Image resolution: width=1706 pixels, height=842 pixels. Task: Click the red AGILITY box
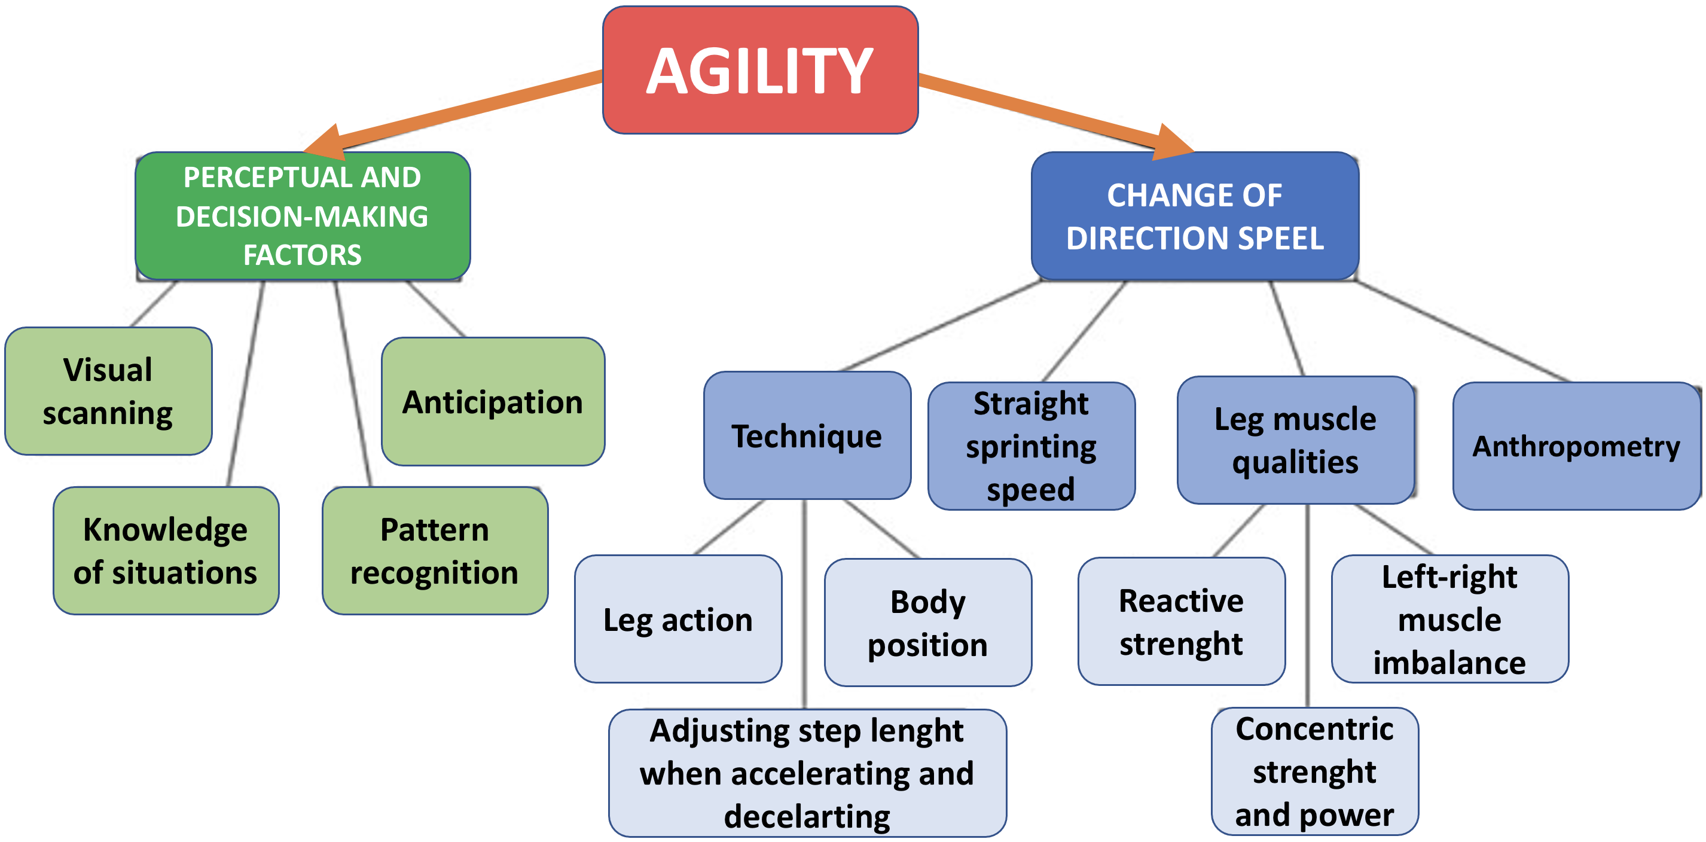[x=759, y=70]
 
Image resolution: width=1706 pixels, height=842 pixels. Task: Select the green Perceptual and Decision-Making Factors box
[x=302, y=216]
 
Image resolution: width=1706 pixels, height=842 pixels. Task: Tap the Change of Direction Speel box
[x=1194, y=216]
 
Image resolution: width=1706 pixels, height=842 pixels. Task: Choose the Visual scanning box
[x=108, y=391]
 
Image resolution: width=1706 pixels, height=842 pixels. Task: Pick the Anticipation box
[x=492, y=401]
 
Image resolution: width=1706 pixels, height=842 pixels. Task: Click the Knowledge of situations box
[x=166, y=551]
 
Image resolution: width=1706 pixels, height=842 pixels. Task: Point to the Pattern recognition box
[x=435, y=551]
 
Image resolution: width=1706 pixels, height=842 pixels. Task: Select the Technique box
[x=807, y=435]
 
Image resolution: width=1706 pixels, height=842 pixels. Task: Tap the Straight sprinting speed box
[x=1030, y=446]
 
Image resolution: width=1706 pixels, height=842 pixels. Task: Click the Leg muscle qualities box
[x=1295, y=440]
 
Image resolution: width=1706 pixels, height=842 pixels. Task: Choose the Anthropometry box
[x=1576, y=446]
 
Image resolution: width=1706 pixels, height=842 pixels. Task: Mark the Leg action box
[x=677, y=619]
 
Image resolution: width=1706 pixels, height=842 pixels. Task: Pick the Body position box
[x=927, y=622]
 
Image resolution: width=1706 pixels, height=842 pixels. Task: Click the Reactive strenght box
[x=1181, y=621]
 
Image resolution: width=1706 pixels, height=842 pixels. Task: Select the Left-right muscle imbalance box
[x=1449, y=619]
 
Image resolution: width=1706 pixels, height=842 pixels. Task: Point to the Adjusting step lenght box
[x=807, y=773]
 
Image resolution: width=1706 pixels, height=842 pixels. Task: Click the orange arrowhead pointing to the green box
[x=326, y=144]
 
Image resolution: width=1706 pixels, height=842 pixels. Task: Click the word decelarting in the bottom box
[x=807, y=817]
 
